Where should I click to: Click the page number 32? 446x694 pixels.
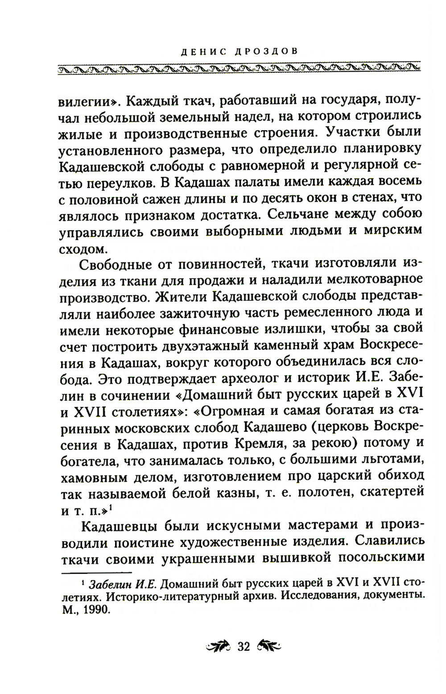point(244,647)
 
